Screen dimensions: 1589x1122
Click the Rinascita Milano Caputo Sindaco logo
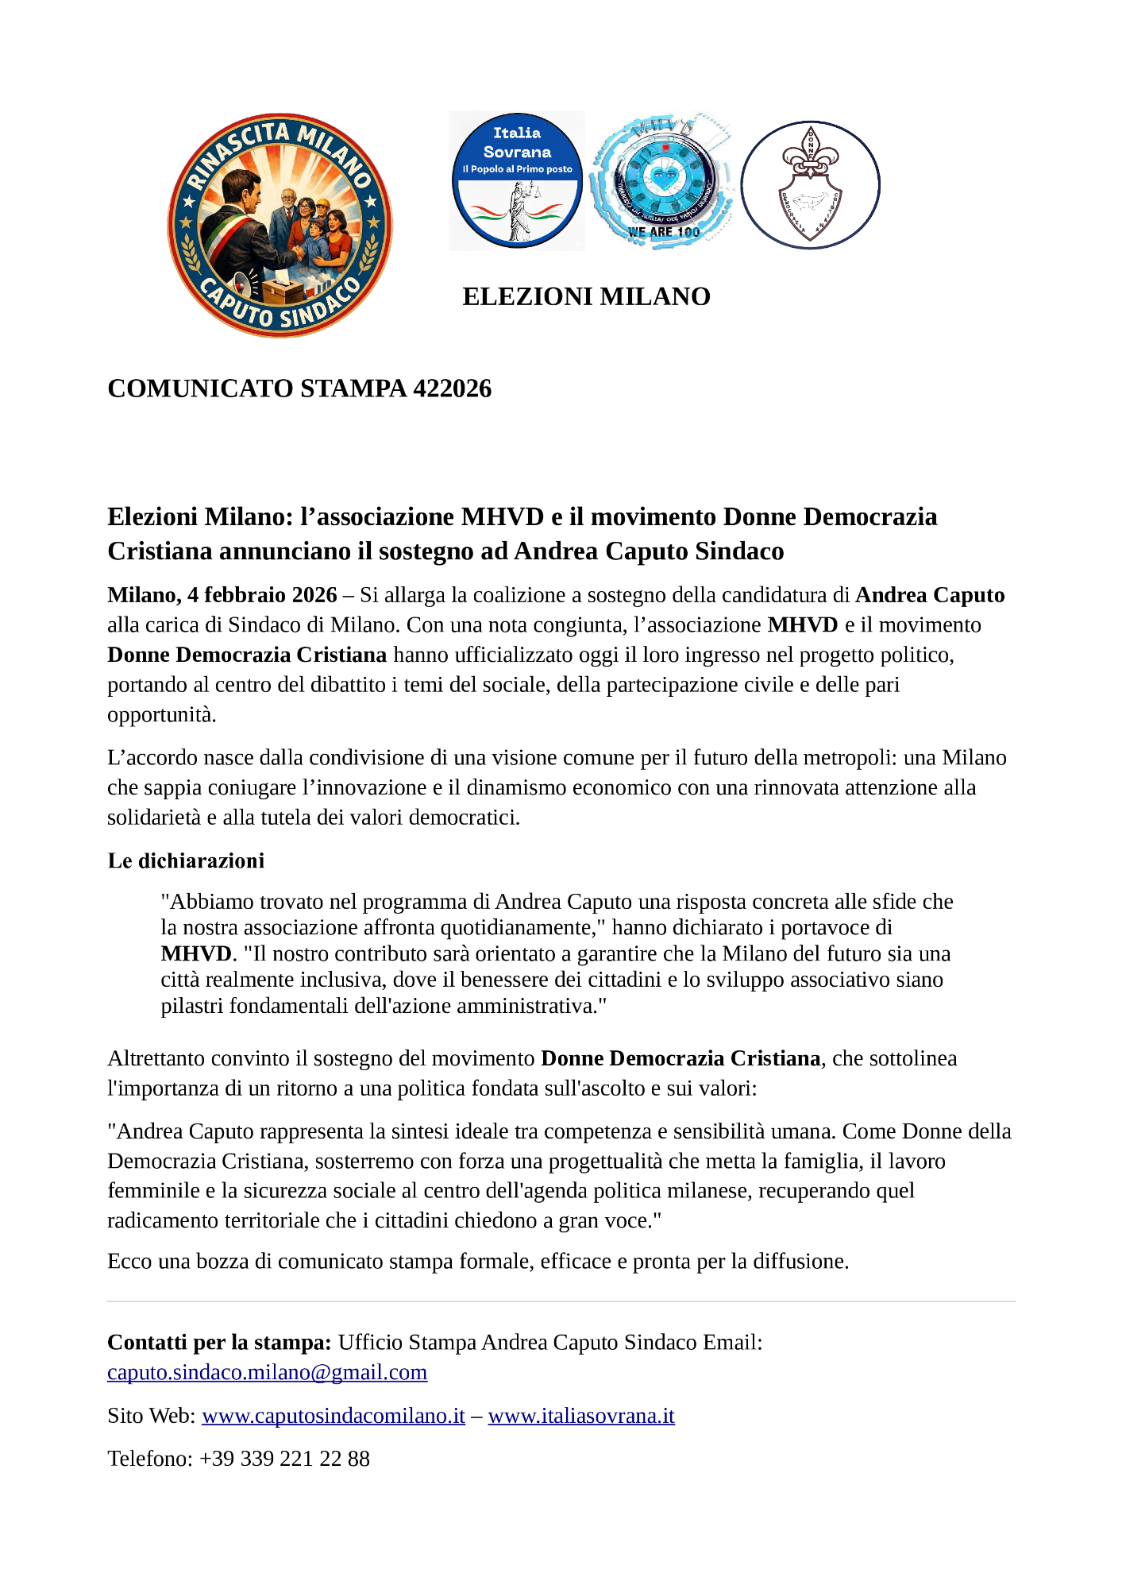pos(280,225)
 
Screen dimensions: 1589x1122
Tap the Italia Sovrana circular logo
pos(517,180)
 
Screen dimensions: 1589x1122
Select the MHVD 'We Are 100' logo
pos(661,180)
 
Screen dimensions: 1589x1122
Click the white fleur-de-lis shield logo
pos(810,184)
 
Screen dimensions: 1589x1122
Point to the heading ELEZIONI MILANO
pos(586,296)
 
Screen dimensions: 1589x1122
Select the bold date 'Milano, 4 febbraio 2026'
pos(222,595)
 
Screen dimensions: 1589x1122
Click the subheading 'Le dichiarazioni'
pos(186,860)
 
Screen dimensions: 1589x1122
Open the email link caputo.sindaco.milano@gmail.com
pos(267,1372)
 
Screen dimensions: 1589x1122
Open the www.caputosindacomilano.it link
pos(334,1416)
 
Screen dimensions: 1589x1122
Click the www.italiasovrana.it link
pos(581,1416)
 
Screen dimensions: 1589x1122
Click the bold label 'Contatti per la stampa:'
pos(219,1343)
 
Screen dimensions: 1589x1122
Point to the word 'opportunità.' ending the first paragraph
pos(162,715)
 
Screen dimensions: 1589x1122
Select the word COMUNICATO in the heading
pos(200,389)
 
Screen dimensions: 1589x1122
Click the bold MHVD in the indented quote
pos(196,953)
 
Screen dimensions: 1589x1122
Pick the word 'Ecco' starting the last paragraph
pos(129,1262)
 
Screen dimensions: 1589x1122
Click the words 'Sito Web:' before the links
pos(151,1416)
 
